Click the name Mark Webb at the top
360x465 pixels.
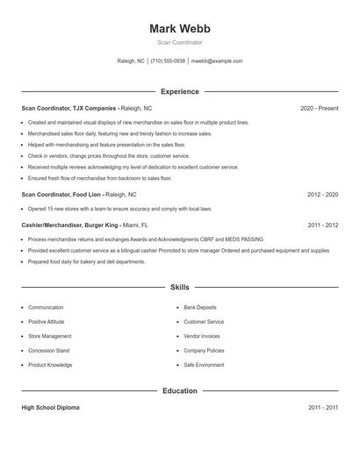(x=180, y=28)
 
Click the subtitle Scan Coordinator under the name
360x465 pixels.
(x=180, y=42)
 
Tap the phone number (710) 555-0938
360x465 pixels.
(x=168, y=61)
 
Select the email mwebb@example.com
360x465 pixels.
(x=217, y=61)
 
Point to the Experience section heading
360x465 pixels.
(x=180, y=91)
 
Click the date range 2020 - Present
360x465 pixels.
(x=319, y=108)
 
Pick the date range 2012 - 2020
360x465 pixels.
(x=322, y=194)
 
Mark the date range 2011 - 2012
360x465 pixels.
(x=322, y=225)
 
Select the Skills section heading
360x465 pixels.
(x=180, y=287)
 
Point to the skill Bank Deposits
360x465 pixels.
(x=201, y=308)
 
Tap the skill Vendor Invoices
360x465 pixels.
(x=203, y=336)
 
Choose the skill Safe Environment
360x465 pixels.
(x=205, y=364)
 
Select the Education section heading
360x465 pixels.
(x=180, y=390)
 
